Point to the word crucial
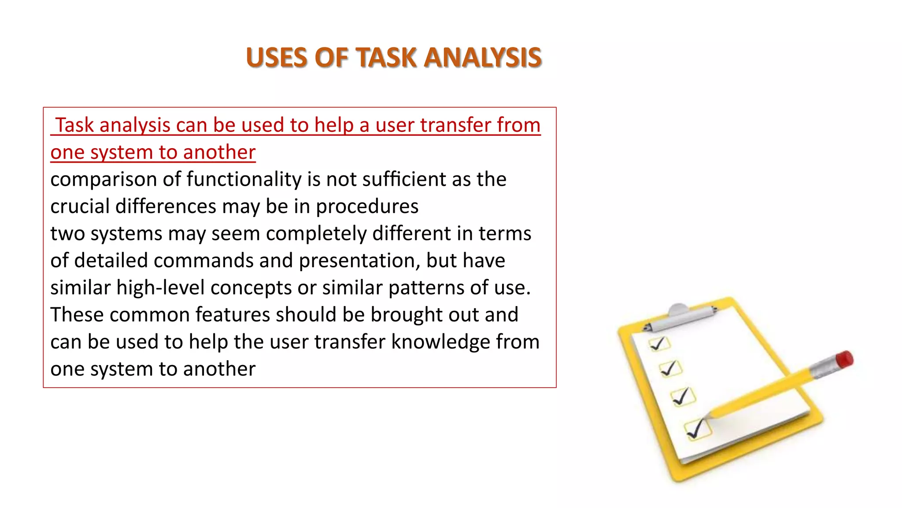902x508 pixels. click(x=80, y=206)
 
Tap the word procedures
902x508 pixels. click(x=367, y=206)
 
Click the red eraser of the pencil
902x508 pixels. click(x=844, y=359)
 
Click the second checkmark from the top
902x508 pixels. click(x=670, y=368)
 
